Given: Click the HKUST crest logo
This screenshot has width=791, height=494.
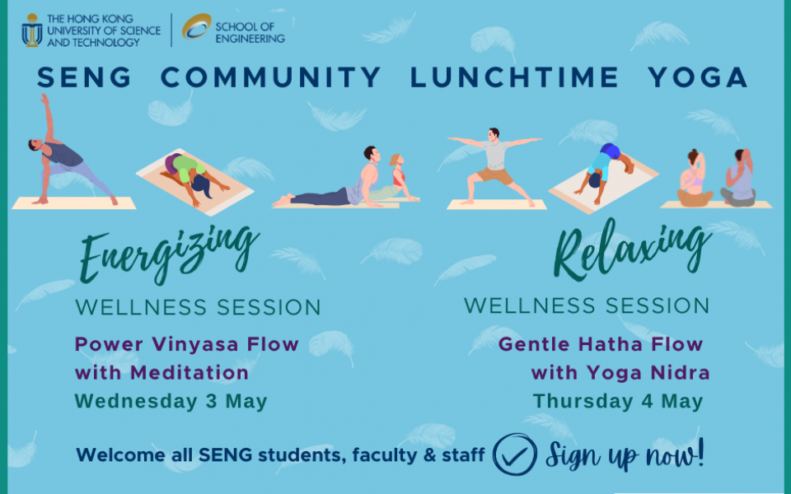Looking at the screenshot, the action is [x=32, y=30].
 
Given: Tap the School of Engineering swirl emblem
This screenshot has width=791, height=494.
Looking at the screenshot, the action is [x=197, y=26].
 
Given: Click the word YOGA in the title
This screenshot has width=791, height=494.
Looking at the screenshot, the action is [x=698, y=77].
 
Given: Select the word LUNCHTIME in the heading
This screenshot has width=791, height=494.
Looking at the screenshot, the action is [x=514, y=77].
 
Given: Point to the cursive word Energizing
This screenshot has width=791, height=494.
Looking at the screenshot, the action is [x=169, y=255].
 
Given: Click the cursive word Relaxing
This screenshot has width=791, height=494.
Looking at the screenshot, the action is [x=632, y=249].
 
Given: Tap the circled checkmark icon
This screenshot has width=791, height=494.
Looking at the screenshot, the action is [x=514, y=454].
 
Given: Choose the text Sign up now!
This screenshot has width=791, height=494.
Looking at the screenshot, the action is [x=625, y=455].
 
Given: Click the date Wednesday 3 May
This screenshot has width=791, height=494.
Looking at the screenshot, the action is [x=171, y=401].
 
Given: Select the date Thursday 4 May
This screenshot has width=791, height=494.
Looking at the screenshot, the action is [x=618, y=401].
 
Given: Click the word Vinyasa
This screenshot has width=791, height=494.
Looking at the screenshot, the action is [x=194, y=345].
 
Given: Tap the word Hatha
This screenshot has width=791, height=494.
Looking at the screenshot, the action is [x=610, y=345].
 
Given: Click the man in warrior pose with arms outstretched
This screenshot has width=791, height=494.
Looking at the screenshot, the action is [x=494, y=166].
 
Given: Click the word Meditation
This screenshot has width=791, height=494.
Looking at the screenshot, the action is [x=190, y=373].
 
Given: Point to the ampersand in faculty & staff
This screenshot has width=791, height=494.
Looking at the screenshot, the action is [x=430, y=455].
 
